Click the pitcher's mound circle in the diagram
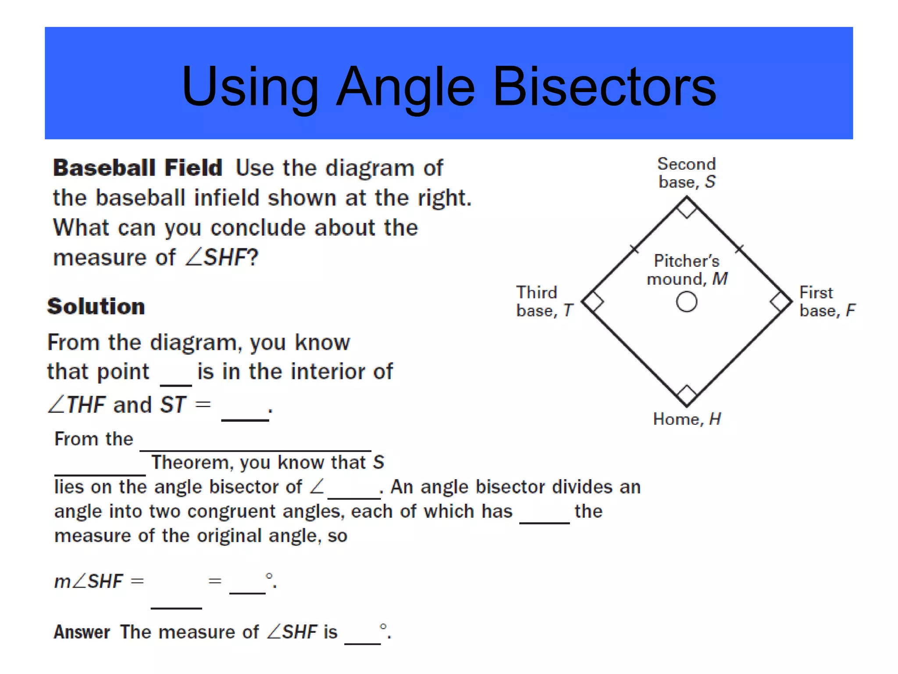point(687,302)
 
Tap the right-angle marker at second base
point(687,207)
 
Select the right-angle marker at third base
point(593,302)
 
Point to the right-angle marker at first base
point(780,302)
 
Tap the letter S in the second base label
point(710,182)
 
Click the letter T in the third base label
point(568,311)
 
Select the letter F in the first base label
point(851,311)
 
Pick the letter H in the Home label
point(715,419)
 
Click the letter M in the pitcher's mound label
point(720,279)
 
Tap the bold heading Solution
point(96,306)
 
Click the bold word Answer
point(82,632)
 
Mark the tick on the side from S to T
point(634,249)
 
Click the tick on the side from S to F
point(740,249)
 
